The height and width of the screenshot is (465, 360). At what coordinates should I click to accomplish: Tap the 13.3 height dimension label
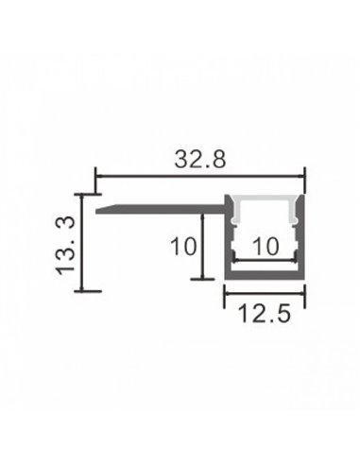[64, 243]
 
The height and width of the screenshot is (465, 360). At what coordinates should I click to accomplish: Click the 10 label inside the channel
[266, 247]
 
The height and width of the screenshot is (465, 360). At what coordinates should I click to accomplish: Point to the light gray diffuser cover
[266, 209]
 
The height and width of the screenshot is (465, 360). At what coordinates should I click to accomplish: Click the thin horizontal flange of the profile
[161, 205]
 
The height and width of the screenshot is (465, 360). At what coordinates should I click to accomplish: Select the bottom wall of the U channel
[266, 276]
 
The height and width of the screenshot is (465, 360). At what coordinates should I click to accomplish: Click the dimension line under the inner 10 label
[266, 260]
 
